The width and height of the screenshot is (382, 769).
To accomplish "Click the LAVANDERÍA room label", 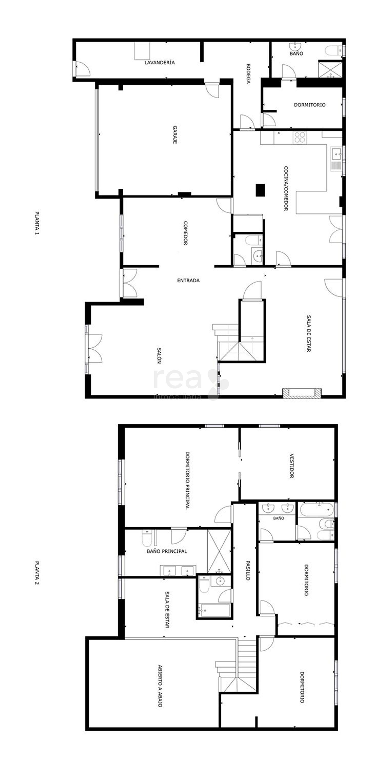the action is [159, 62].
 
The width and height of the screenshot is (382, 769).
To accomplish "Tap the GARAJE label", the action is [175, 135].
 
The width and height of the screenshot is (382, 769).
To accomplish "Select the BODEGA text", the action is [248, 73].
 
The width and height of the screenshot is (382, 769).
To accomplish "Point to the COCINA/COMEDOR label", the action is [286, 189].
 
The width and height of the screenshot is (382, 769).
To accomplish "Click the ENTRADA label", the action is [188, 280].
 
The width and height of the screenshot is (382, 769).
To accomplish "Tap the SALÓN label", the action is [159, 355].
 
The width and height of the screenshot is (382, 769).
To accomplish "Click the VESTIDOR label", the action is [292, 466].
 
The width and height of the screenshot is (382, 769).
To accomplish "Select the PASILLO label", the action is [248, 570].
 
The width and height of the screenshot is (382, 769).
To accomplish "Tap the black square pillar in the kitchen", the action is [261, 190].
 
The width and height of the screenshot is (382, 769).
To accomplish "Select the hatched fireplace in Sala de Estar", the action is [302, 393].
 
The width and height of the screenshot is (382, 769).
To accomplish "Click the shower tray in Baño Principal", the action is [219, 551].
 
